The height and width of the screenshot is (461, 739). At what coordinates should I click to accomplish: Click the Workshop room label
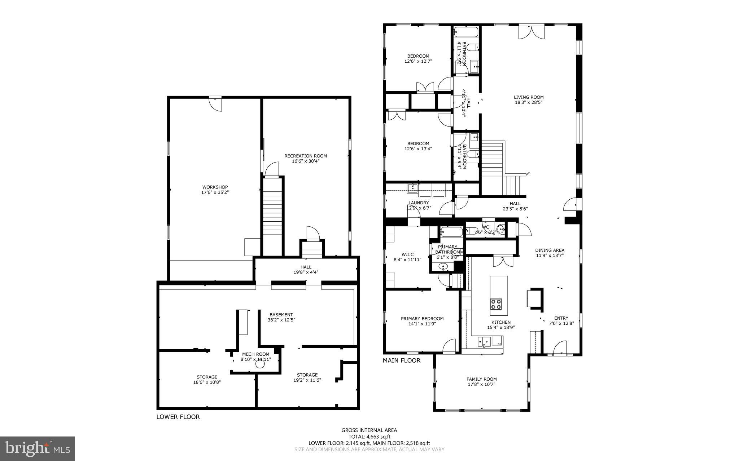[x=215, y=187]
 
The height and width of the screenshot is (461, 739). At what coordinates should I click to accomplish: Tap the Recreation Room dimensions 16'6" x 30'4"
[x=306, y=161]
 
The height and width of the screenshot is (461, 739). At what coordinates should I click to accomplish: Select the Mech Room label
[x=255, y=354]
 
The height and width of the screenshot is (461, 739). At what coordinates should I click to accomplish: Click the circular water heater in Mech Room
[x=260, y=365]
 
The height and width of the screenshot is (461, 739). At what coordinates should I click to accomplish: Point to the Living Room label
[x=529, y=97]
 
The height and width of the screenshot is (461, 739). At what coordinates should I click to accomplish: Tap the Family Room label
[x=481, y=379]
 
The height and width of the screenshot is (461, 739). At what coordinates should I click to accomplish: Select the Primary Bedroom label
[x=422, y=319]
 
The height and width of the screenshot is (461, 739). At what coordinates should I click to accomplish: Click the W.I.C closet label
[x=407, y=254]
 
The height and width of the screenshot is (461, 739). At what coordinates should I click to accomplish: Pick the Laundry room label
[x=419, y=203]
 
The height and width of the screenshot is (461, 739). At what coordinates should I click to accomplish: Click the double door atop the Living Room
[x=532, y=32]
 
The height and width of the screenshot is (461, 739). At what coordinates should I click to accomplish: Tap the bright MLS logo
[x=38, y=448]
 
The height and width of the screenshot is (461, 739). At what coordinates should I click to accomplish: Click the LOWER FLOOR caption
[x=178, y=417]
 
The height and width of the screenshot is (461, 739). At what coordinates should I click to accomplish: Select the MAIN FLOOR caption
[x=402, y=360]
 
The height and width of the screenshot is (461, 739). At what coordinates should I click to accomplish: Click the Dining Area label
[x=550, y=250]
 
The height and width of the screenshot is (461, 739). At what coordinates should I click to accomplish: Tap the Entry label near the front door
[x=561, y=318]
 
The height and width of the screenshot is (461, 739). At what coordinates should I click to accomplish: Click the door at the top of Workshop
[x=215, y=104]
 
